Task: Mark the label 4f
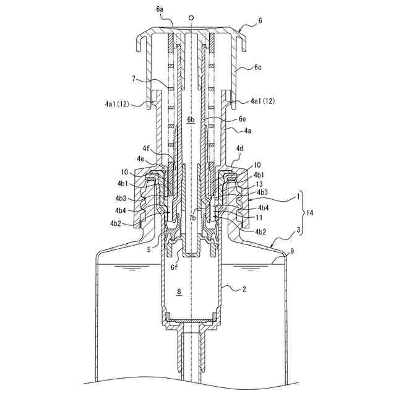[146, 148]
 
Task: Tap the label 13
[259, 184]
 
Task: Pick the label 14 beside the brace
[309, 212]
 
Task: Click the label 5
[149, 250]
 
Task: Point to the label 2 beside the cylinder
[244, 288]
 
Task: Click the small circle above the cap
[192, 17]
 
